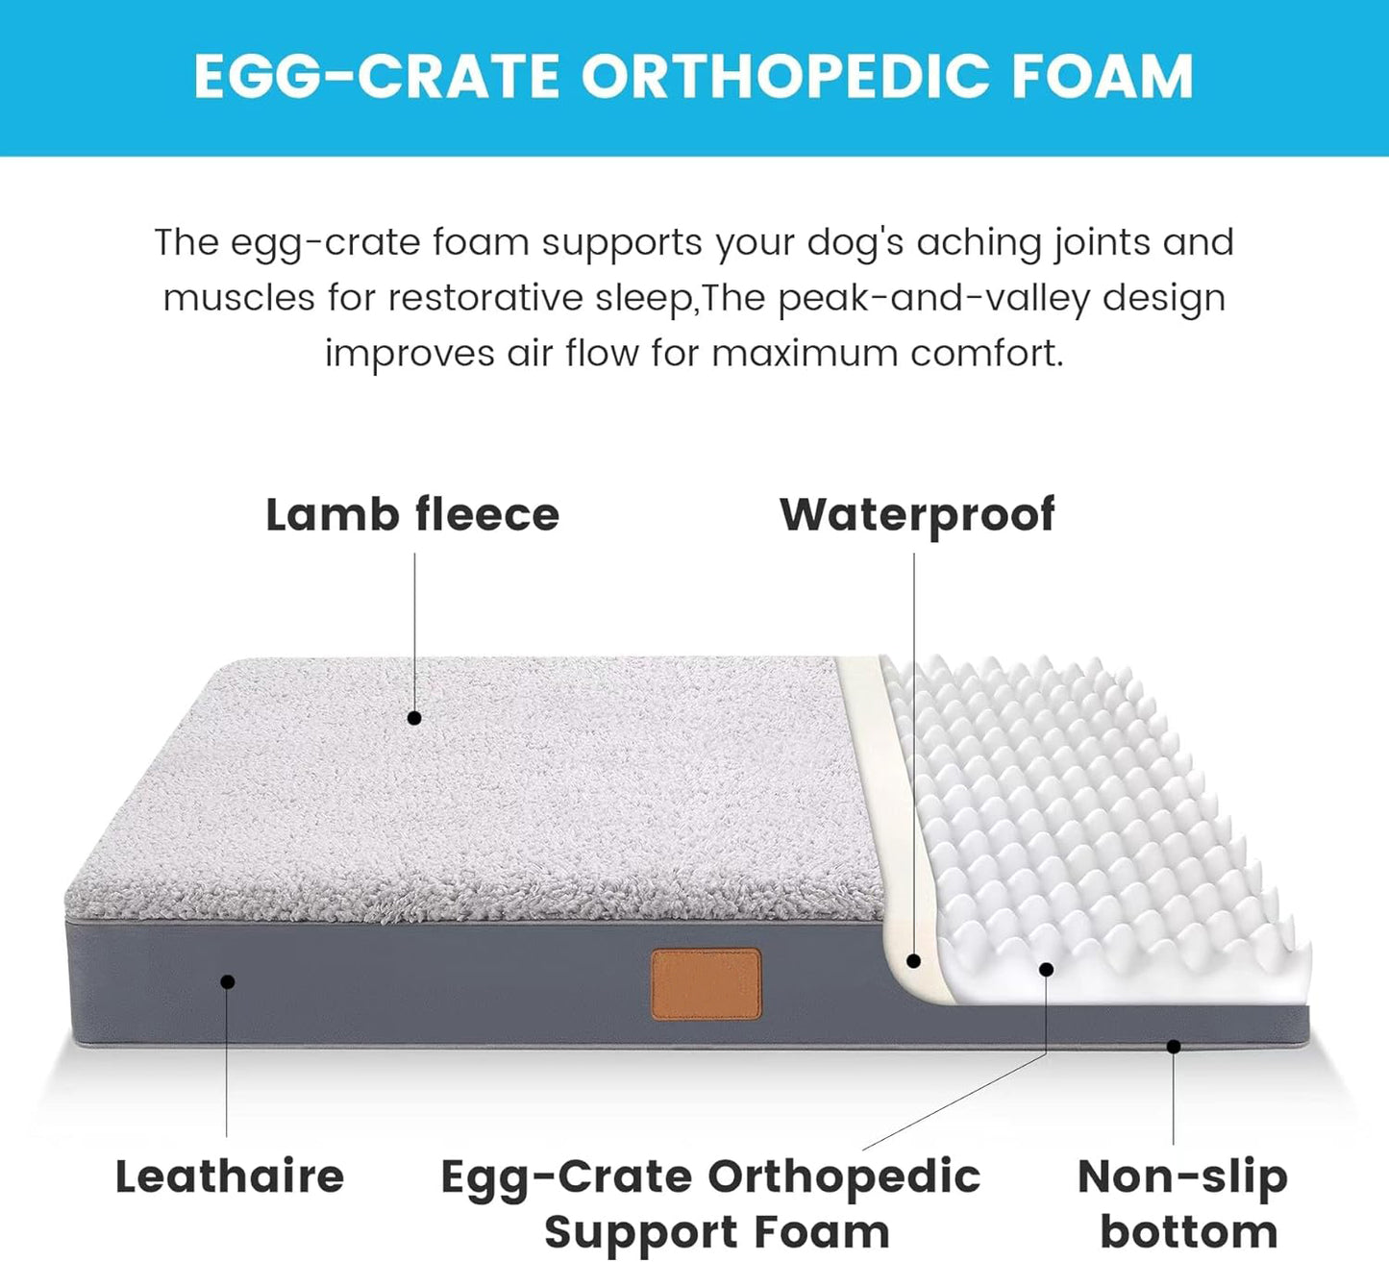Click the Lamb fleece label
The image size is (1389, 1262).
pyautogui.click(x=412, y=515)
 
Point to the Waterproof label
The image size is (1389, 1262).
pyautogui.click(x=917, y=515)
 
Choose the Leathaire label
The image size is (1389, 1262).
pyautogui.click(x=230, y=1177)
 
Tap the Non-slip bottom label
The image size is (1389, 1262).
pyautogui.click(x=1183, y=1203)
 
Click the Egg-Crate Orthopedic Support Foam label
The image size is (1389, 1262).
pyautogui.click(x=711, y=1203)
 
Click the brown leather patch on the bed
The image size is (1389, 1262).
pyautogui.click(x=707, y=983)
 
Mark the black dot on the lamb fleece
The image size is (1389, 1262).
pyautogui.click(x=414, y=718)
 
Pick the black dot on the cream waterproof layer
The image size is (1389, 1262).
pyautogui.click(x=914, y=960)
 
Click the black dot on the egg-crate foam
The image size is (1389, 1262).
pyautogui.click(x=1047, y=970)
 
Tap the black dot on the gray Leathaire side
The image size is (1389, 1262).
pyautogui.click(x=228, y=981)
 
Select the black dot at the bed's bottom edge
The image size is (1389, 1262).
pyautogui.click(x=1174, y=1047)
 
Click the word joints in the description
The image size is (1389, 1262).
pyautogui.click(x=1103, y=242)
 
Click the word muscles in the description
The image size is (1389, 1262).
pyautogui.click(x=238, y=298)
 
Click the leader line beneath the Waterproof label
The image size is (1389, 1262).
pyautogui.click(x=914, y=750)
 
